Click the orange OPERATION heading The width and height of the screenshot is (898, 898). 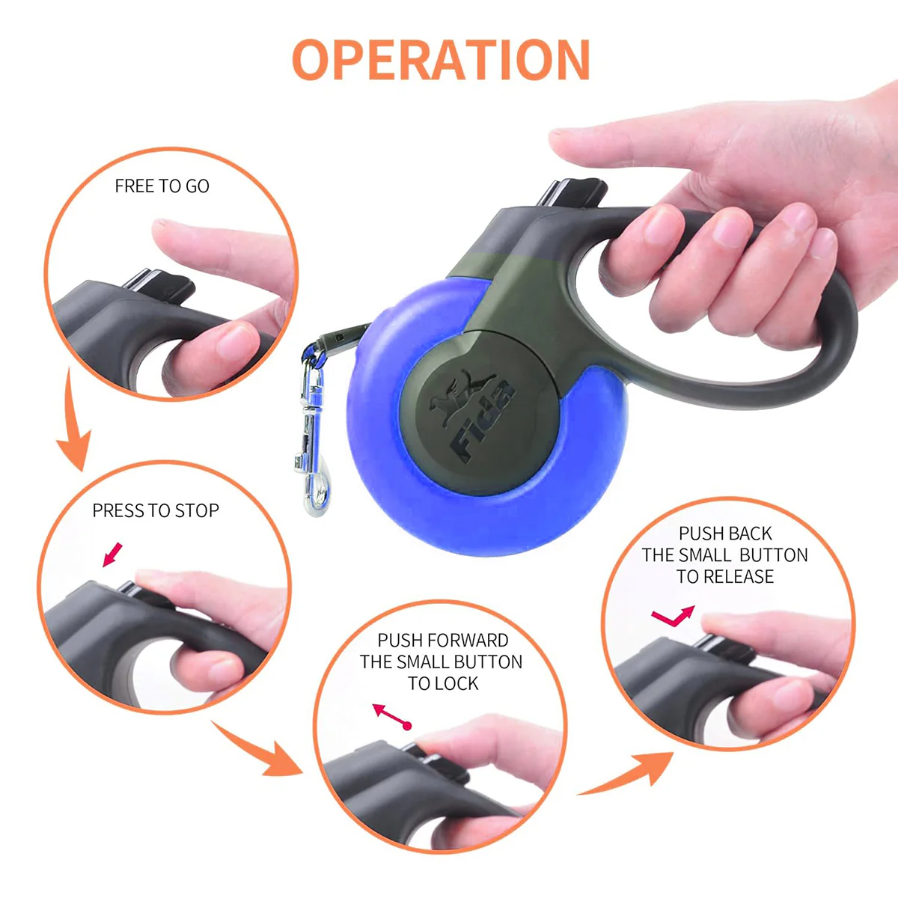point(442,60)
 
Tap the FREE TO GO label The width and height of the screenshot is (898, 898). point(162,186)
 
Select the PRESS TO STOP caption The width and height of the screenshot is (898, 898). point(156,510)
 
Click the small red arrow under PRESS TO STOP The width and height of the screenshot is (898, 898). point(112,555)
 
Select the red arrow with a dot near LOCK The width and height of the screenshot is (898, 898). point(392,717)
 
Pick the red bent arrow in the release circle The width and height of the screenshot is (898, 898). point(672,617)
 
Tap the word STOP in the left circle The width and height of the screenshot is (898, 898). point(197,510)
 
